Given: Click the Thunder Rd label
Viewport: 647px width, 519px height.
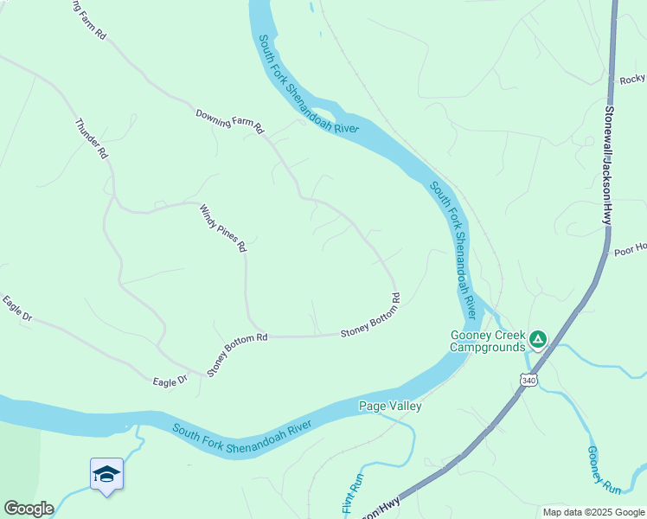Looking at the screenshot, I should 92,138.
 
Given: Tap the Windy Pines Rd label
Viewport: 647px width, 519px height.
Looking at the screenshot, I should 223,227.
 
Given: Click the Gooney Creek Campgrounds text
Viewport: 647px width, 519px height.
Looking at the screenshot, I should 488,342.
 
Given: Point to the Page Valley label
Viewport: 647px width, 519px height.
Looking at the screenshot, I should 390,407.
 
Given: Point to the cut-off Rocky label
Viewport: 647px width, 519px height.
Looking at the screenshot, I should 632,80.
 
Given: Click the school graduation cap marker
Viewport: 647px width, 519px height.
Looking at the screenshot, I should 106,474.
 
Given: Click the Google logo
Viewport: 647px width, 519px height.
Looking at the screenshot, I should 29,509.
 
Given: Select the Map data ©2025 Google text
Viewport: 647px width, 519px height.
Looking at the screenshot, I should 593,512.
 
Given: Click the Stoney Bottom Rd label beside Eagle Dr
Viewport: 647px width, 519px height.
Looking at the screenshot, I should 237,354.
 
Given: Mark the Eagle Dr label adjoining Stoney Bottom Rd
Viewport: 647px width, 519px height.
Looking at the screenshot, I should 170,381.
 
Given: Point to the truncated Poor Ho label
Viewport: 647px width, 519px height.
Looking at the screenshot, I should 630,250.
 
